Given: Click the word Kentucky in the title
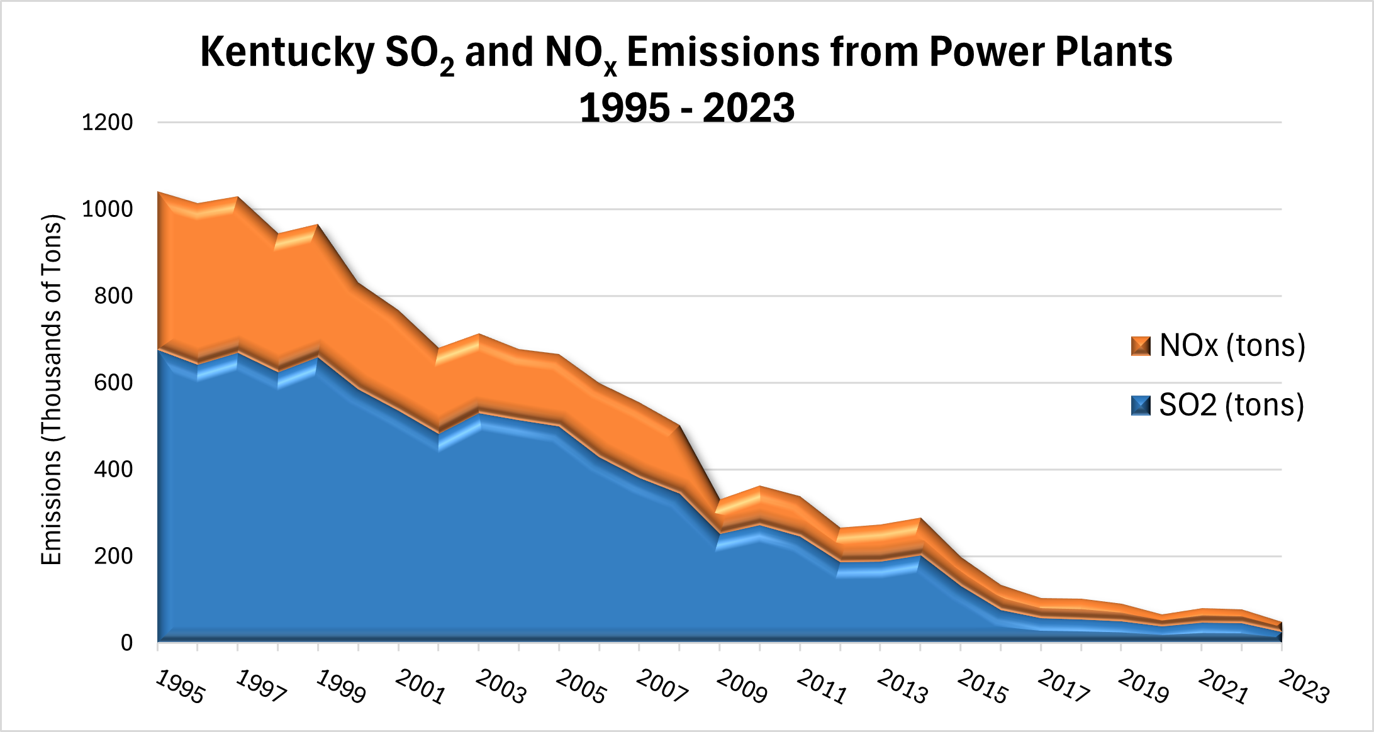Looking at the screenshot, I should click(287, 52).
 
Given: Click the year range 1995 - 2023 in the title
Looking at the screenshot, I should click(687, 108).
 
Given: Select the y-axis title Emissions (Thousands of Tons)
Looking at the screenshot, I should click(52, 390).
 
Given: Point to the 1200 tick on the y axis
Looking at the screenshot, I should click(108, 122).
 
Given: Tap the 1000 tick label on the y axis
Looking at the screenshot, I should click(108, 209).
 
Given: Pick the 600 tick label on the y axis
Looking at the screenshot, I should click(114, 382).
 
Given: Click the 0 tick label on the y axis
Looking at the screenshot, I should click(127, 643).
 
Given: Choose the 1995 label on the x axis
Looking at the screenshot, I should click(180, 687).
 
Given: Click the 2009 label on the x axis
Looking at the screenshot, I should click(742, 687).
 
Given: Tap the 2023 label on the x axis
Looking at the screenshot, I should click(1304, 687).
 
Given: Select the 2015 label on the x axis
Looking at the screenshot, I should click(983, 687).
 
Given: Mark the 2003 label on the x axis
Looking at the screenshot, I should click(501, 687).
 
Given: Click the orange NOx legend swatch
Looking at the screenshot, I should click(1141, 346).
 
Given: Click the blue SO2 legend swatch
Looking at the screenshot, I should click(1141, 406).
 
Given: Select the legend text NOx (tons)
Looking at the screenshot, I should click(1232, 346).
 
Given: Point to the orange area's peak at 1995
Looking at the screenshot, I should click(159, 193).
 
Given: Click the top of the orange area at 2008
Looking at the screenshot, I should click(679, 426).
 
